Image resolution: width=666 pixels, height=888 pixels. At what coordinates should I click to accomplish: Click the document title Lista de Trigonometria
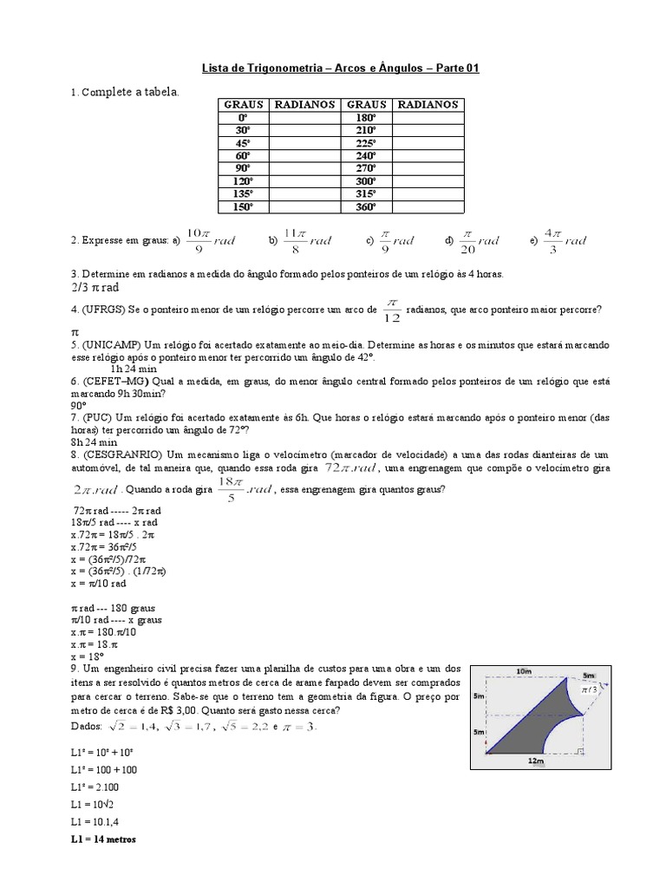(334, 69)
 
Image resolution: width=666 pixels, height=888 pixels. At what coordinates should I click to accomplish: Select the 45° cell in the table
(242, 142)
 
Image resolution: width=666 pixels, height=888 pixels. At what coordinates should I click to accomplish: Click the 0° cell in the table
(242, 116)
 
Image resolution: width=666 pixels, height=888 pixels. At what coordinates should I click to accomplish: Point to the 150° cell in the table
(242, 207)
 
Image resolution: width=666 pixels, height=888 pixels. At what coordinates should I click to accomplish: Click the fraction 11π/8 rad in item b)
(307, 240)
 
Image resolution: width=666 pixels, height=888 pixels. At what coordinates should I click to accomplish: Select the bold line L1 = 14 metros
(103, 839)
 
